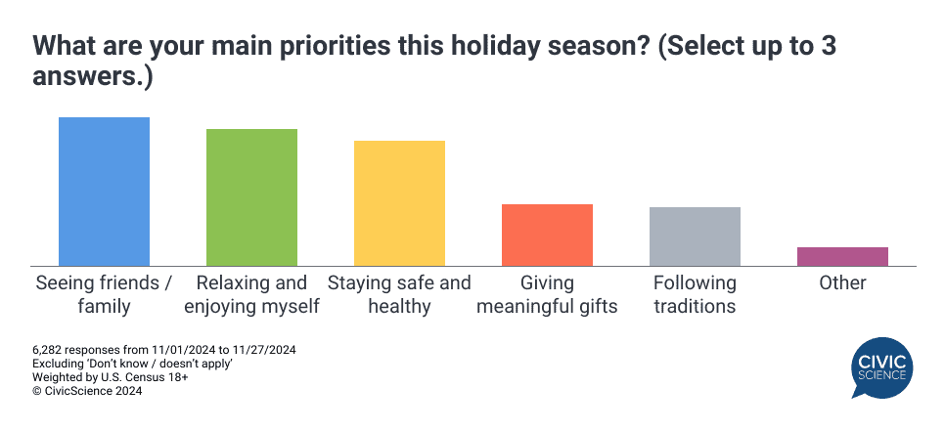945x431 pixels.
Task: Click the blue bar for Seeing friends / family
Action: (x=104, y=192)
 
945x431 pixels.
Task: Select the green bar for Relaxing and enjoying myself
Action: (x=251, y=197)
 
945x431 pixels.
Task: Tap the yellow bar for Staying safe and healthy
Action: (x=399, y=203)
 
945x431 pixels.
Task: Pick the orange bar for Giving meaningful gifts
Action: (x=547, y=235)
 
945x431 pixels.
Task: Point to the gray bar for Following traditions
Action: (x=695, y=237)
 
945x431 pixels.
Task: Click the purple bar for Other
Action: (x=842, y=256)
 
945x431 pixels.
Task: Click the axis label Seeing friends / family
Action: (x=104, y=294)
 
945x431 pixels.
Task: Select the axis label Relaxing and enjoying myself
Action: (x=251, y=294)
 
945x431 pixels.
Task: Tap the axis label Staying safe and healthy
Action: (x=399, y=294)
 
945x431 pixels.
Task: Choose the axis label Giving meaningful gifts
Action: (x=547, y=294)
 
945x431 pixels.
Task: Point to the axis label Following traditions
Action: (x=695, y=294)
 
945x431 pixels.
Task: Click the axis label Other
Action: (x=842, y=283)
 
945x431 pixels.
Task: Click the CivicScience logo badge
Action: (x=881, y=367)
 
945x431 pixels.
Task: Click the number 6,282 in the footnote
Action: (x=50, y=350)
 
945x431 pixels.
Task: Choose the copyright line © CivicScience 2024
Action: (x=87, y=391)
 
